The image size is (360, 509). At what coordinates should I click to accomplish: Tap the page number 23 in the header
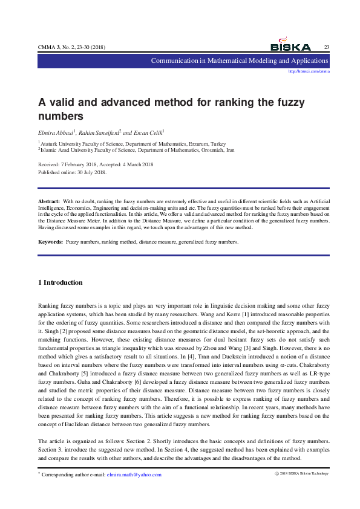pos(327,47)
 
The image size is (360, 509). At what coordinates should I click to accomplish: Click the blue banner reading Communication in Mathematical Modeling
pos(240,61)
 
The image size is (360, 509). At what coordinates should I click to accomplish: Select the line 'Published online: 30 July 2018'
pos(72,172)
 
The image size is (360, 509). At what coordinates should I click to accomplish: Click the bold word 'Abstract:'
pos(49,200)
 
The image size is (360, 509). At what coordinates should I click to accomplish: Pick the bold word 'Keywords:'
pos(50,242)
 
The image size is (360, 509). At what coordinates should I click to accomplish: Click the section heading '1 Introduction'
pos(61,282)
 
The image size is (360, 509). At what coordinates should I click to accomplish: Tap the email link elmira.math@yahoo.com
pos(134,475)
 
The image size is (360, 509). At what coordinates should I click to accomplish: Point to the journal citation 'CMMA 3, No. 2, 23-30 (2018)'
pos(71,47)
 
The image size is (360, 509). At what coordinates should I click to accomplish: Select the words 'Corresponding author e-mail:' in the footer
pos(73,475)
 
